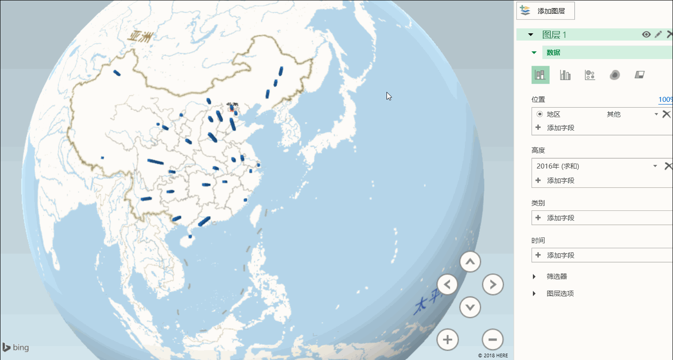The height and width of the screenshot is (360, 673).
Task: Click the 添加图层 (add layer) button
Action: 546,11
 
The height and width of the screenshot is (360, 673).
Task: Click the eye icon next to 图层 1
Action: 646,35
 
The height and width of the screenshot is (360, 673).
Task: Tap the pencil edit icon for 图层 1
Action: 658,35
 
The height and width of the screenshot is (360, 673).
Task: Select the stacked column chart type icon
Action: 540,75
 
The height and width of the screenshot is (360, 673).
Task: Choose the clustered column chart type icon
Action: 565,75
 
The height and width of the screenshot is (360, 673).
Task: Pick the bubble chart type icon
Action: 590,75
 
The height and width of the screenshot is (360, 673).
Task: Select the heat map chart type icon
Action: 615,75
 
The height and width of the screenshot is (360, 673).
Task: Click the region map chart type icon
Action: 640,75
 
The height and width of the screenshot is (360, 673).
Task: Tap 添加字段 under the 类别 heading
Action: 560,218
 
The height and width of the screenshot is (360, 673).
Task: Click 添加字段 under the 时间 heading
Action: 560,255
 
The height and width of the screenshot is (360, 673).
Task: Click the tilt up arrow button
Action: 470,261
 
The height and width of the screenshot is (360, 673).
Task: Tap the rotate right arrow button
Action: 493,284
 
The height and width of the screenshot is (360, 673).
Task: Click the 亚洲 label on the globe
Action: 139,36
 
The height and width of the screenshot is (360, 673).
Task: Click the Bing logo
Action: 16,347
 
